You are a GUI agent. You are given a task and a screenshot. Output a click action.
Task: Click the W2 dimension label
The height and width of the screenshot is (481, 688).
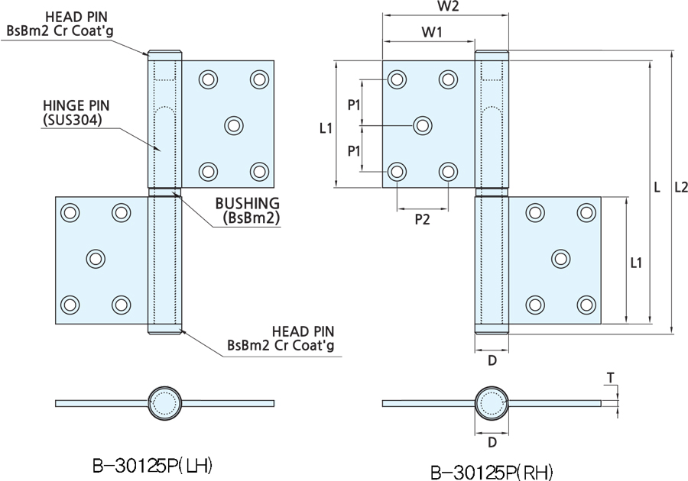pyautogui.click(x=448, y=8)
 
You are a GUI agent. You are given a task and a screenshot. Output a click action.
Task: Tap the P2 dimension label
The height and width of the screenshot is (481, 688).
pyautogui.click(x=422, y=219)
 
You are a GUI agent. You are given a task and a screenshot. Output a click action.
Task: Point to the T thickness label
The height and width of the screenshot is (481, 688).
pyautogui.click(x=609, y=377)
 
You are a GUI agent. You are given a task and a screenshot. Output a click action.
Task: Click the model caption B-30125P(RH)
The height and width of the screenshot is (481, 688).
pyautogui.click(x=492, y=471)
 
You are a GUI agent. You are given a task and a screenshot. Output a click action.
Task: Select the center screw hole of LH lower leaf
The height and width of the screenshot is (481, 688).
pyautogui.click(x=96, y=259)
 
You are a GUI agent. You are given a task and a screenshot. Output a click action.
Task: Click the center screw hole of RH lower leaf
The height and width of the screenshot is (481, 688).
pyautogui.click(x=560, y=259)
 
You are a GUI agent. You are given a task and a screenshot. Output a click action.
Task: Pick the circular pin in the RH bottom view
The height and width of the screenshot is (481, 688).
pyautogui.click(x=492, y=402)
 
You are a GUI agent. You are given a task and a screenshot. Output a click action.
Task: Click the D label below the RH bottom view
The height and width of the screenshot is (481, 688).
pyautogui.click(x=492, y=442)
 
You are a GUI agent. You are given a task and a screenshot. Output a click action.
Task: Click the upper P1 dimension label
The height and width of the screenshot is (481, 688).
pyautogui.click(x=354, y=105)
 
